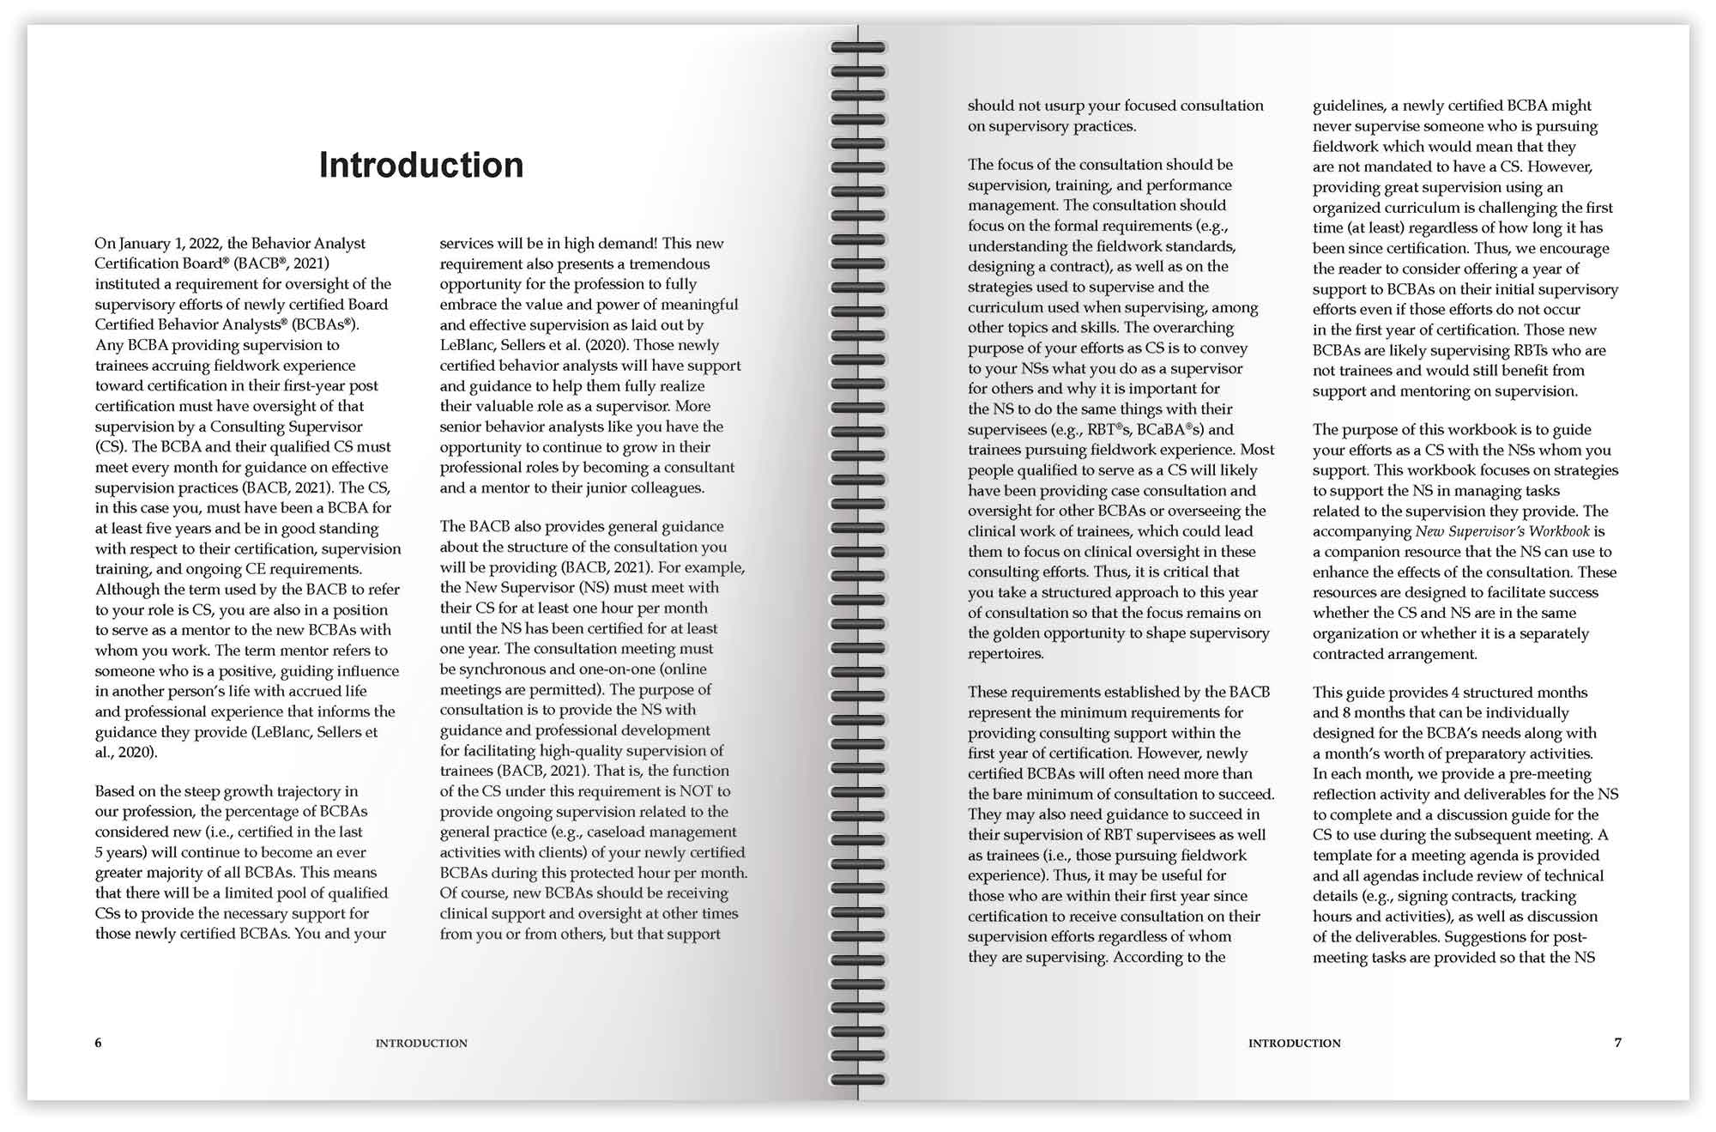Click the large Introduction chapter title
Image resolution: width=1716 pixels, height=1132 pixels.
click(420, 165)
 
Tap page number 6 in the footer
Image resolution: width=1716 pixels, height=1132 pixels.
click(98, 1043)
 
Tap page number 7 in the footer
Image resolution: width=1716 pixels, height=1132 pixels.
click(1618, 1043)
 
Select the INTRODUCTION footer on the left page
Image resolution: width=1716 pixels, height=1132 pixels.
click(421, 1044)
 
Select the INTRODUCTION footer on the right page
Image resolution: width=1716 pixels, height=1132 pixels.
click(1294, 1044)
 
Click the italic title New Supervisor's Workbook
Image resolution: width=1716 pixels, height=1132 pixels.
click(1502, 531)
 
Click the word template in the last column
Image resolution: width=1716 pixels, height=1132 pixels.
click(1343, 856)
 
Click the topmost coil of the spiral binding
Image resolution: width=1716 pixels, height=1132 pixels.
click(858, 48)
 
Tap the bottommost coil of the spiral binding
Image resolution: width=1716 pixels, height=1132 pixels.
click(858, 1079)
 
